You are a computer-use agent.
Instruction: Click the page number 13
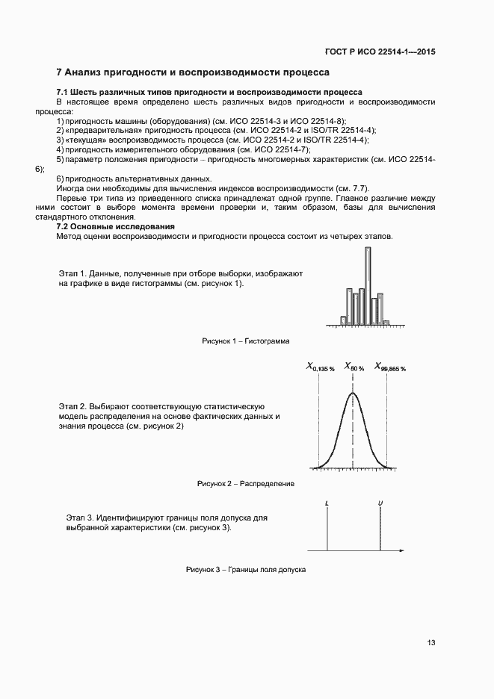(432, 643)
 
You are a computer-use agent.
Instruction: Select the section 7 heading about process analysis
(193, 73)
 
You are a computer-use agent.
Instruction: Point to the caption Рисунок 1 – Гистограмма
(246, 341)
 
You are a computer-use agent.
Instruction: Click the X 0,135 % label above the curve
(320, 367)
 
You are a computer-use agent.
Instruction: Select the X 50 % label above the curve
(353, 367)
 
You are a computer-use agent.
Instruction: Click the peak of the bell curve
(353, 393)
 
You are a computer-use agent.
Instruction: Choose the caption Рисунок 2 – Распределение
(246, 483)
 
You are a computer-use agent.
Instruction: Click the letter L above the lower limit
(327, 503)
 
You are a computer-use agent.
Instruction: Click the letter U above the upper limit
(380, 503)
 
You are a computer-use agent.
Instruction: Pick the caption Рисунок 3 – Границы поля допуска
(246, 570)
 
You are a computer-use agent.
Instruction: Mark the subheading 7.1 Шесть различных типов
(209, 92)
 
